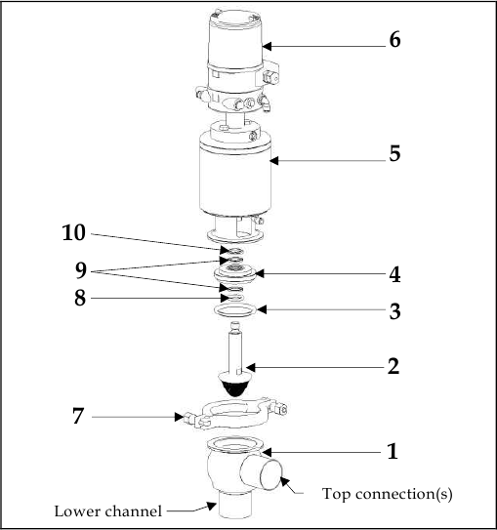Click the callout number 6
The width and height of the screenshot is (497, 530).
point(393,40)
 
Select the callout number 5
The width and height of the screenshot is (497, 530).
point(393,154)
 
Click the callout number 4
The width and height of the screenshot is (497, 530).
point(393,273)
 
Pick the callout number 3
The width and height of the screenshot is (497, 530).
point(393,312)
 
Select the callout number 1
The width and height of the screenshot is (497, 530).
point(393,452)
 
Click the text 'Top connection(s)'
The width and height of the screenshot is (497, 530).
point(387,494)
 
